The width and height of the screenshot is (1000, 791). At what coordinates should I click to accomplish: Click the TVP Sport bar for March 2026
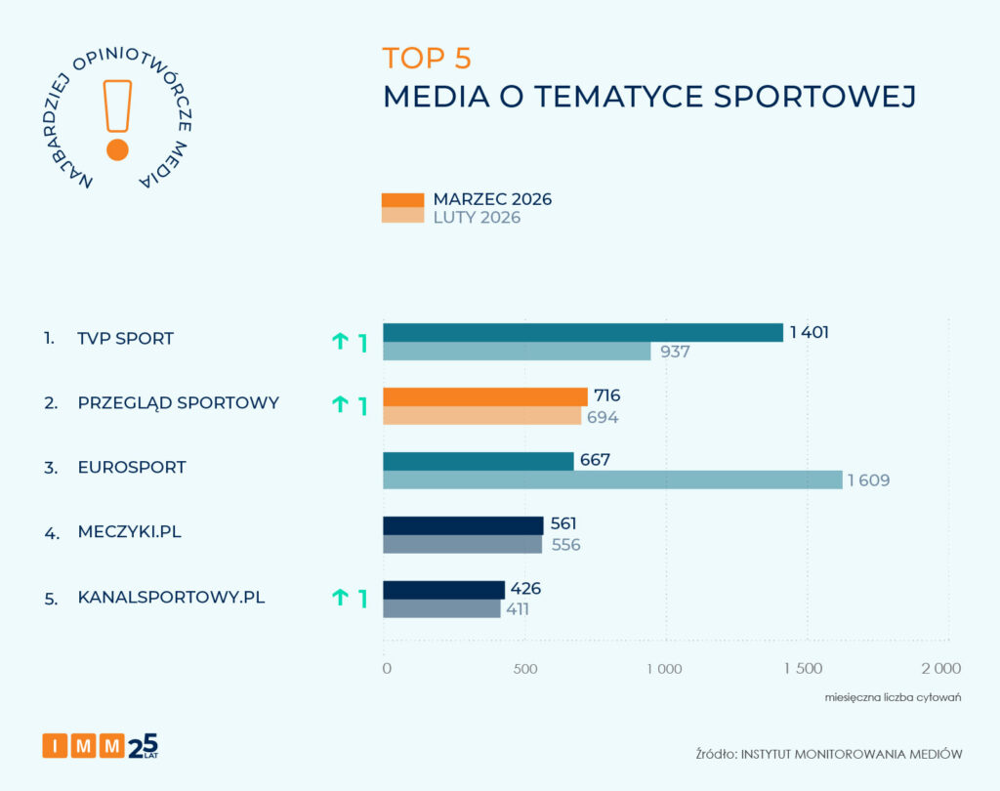click(x=582, y=333)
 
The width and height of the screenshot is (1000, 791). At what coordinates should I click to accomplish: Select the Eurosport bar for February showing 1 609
click(x=612, y=479)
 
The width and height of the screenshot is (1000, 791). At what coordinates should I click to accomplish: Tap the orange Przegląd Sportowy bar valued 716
click(x=484, y=396)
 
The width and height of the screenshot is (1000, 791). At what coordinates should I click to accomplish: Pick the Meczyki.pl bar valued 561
click(x=463, y=525)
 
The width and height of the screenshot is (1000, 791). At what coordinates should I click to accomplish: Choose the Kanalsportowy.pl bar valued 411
click(x=441, y=608)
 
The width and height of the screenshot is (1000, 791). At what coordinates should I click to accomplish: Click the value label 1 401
click(x=810, y=333)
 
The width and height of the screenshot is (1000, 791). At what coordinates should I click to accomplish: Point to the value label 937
click(x=675, y=352)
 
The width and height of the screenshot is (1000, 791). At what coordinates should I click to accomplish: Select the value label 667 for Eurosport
click(x=594, y=460)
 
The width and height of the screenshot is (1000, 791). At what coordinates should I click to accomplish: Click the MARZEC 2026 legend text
click(x=492, y=199)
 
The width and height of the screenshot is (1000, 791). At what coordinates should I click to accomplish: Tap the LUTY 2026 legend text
click(x=477, y=218)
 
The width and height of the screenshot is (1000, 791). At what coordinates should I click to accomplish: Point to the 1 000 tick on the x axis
click(x=663, y=669)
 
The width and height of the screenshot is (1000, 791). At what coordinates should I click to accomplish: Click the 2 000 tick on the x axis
click(x=941, y=669)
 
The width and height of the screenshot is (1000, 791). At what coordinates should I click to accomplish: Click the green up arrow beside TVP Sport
click(x=340, y=341)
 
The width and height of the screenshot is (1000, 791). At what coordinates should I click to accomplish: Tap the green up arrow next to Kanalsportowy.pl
click(x=340, y=598)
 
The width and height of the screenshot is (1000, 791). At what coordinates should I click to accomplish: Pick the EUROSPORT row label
click(x=132, y=468)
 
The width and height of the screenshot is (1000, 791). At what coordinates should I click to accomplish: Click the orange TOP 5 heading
click(x=427, y=59)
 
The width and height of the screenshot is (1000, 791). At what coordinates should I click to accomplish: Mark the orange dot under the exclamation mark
click(x=117, y=149)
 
